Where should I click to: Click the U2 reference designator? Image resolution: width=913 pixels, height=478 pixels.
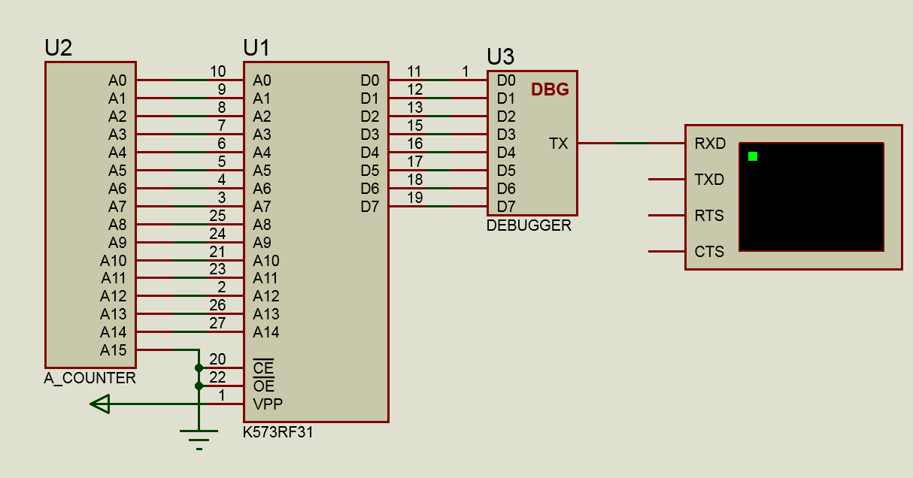pyautogui.click(x=59, y=47)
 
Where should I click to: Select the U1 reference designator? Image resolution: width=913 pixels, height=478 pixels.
pyautogui.click(x=256, y=47)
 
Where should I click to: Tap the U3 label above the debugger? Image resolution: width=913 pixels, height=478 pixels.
pyautogui.click(x=501, y=56)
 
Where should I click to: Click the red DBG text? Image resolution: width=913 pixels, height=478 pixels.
pyautogui.click(x=550, y=89)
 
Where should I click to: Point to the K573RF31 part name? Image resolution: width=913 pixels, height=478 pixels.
pyautogui.click(x=278, y=432)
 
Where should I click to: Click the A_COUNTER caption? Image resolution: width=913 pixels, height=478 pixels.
pyautogui.click(x=89, y=378)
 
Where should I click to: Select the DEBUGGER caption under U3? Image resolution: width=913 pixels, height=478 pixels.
pyautogui.click(x=529, y=225)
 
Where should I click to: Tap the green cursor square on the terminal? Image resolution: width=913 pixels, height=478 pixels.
pyautogui.click(x=753, y=156)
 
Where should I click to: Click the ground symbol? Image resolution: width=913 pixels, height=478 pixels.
pyautogui.click(x=199, y=440)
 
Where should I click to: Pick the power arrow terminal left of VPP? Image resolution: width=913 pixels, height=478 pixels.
pyautogui.click(x=100, y=404)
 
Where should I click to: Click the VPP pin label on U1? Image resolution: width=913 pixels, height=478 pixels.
pyautogui.click(x=268, y=404)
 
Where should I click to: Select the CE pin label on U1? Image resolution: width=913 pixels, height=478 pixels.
pyautogui.click(x=263, y=368)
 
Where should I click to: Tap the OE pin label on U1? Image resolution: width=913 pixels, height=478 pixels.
pyautogui.click(x=264, y=386)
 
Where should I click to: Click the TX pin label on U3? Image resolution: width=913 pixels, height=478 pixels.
pyautogui.click(x=558, y=144)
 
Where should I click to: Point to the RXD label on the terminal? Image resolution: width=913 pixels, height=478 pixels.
pyautogui.click(x=710, y=144)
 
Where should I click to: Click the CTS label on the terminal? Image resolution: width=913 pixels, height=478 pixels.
pyautogui.click(x=709, y=252)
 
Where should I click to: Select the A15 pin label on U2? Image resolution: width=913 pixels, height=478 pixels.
pyautogui.click(x=114, y=350)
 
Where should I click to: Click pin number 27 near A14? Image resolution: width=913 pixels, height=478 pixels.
pyautogui.click(x=217, y=323)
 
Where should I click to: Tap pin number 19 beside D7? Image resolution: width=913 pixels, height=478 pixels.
pyautogui.click(x=415, y=198)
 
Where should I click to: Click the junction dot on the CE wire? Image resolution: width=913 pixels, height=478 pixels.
pyautogui.click(x=199, y=368)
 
